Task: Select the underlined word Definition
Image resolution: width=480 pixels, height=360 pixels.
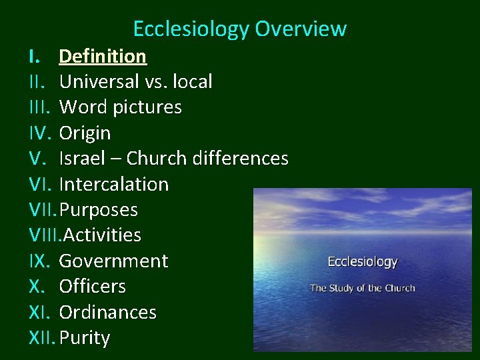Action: (103, 56)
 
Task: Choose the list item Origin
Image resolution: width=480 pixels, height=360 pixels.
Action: (85, 133)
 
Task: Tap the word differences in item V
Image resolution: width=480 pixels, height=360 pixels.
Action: (240, 159)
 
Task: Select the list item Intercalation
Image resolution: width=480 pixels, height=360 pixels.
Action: (113, 184)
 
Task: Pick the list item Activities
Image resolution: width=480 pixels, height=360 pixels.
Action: (101, 235)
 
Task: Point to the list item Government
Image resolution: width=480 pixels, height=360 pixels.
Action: (113, 261)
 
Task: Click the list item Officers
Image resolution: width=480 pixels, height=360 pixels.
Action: (92, 287)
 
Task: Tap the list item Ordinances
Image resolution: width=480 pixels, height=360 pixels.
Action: (107, 312)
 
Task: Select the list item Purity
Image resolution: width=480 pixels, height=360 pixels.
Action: (84, 338)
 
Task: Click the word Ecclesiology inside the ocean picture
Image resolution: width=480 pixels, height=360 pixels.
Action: (362, 262)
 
